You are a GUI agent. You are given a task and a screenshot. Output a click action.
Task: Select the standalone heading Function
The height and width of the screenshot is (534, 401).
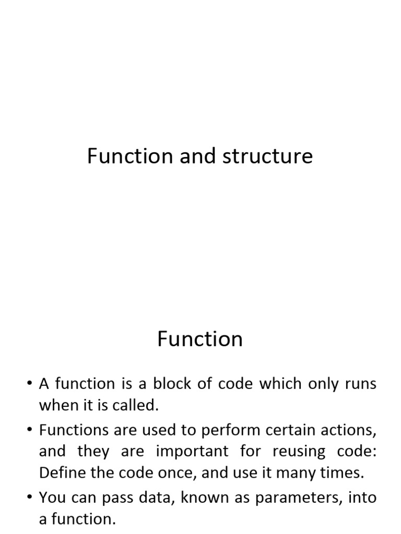pos(200,339)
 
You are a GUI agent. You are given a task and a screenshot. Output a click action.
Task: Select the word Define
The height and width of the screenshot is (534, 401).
pos(58,474)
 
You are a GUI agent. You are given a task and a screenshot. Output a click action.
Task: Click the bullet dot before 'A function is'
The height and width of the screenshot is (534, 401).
pos(28,385)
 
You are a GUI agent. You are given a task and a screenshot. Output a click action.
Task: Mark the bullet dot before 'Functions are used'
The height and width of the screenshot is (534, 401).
pos(28,431)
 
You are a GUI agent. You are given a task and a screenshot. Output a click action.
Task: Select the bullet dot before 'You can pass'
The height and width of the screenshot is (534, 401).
pos(28,498)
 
